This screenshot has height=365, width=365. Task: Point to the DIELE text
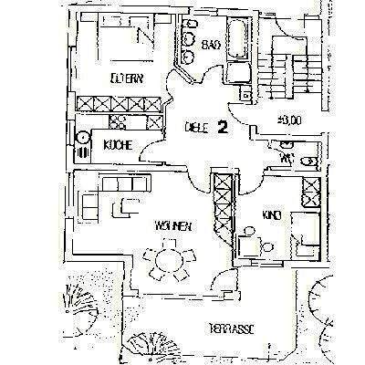(195, 128)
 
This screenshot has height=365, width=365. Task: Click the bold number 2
(222, 128)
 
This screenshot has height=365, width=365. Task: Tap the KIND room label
(269, 216)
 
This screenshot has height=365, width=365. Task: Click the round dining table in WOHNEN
(167, 258)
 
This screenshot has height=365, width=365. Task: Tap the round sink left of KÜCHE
(82, 139)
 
